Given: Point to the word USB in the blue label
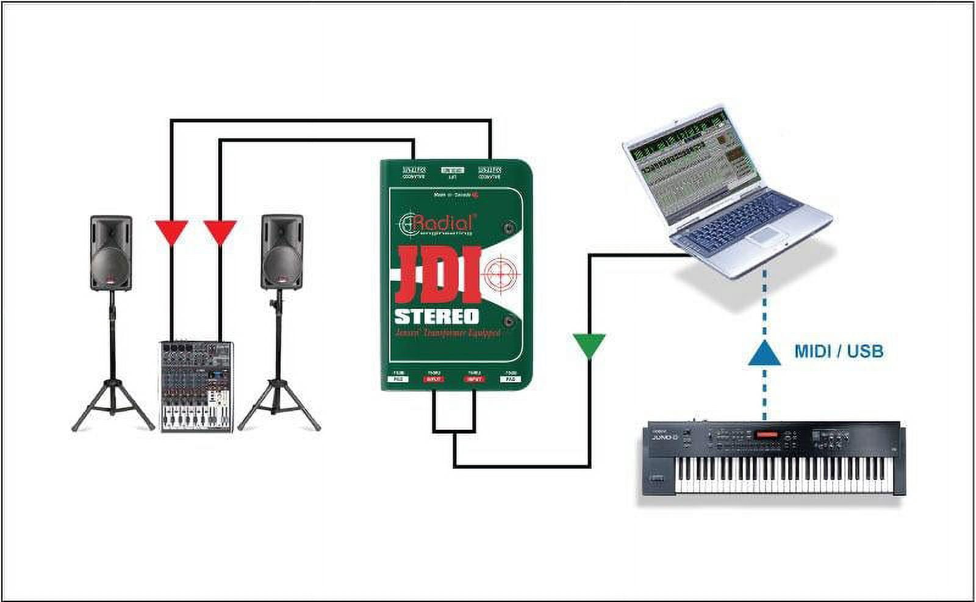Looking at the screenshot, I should (864, 351).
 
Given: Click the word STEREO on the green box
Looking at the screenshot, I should (437, 317).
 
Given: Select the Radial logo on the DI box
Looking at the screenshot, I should (436, 223).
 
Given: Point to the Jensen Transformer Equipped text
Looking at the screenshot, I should (447, 334).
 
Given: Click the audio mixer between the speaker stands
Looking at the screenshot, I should (197, 386).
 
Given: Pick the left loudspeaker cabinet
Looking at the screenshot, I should (111, 252).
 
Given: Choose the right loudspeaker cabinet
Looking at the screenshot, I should (282, 252).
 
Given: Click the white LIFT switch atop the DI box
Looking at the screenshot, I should (452, 170).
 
